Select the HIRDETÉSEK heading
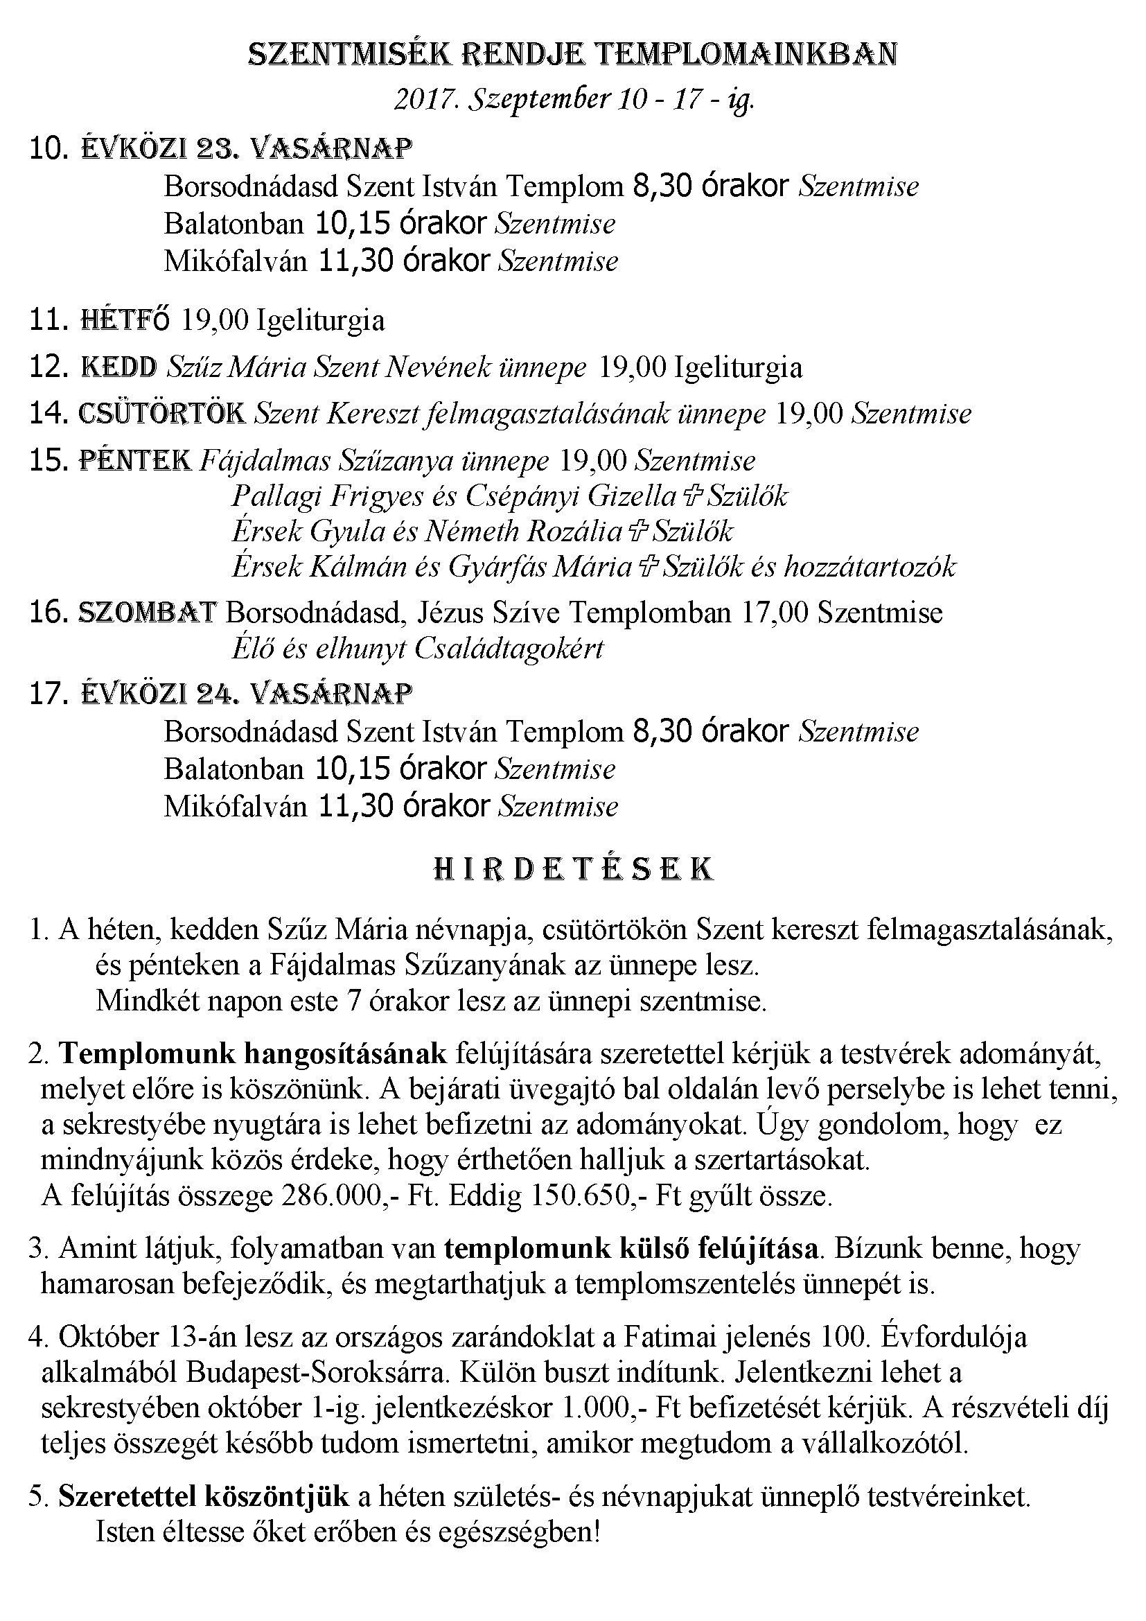pyautogui.click(x=573, y=869)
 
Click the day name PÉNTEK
pyautogui.click(x=136, y=460)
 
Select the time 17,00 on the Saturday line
pyautogui.click(x=774, y=612)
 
